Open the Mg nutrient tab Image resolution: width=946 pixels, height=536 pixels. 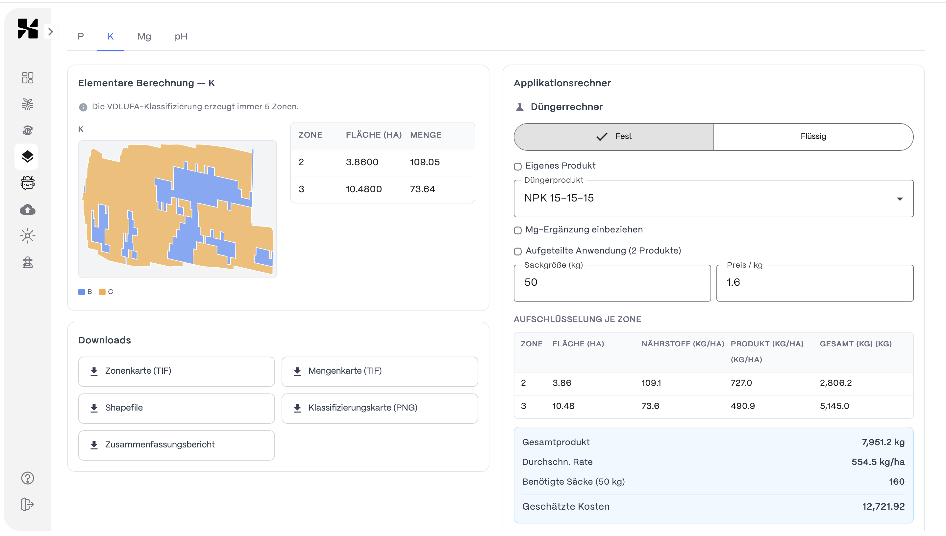(144, 37)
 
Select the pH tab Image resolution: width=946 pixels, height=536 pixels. (181, 37)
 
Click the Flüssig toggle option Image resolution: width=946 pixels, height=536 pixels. (813, 137)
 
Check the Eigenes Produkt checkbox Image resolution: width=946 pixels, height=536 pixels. (518, 166)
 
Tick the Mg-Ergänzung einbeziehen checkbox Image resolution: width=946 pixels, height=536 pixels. (518, 230)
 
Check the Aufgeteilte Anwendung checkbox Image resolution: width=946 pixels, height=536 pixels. (518, 252)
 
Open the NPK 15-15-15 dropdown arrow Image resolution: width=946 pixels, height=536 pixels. (899, 199)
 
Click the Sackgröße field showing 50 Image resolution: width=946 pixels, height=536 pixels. (612, 283)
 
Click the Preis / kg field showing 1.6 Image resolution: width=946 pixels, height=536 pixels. (814, 283)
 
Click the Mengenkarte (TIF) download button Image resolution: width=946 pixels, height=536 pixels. (380, 371)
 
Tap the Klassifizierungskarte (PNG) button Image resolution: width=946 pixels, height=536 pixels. (380, 408)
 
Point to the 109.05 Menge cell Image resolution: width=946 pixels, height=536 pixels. (425, 162)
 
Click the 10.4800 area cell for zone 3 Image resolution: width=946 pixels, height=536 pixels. (363, 189)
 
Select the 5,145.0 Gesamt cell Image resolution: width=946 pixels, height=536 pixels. (834, 406)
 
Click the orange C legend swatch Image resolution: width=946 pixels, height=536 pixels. (102, 292)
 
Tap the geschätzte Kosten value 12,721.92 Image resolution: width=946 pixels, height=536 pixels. (883, 507)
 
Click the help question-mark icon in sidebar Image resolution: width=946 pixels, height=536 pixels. (28, 478)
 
